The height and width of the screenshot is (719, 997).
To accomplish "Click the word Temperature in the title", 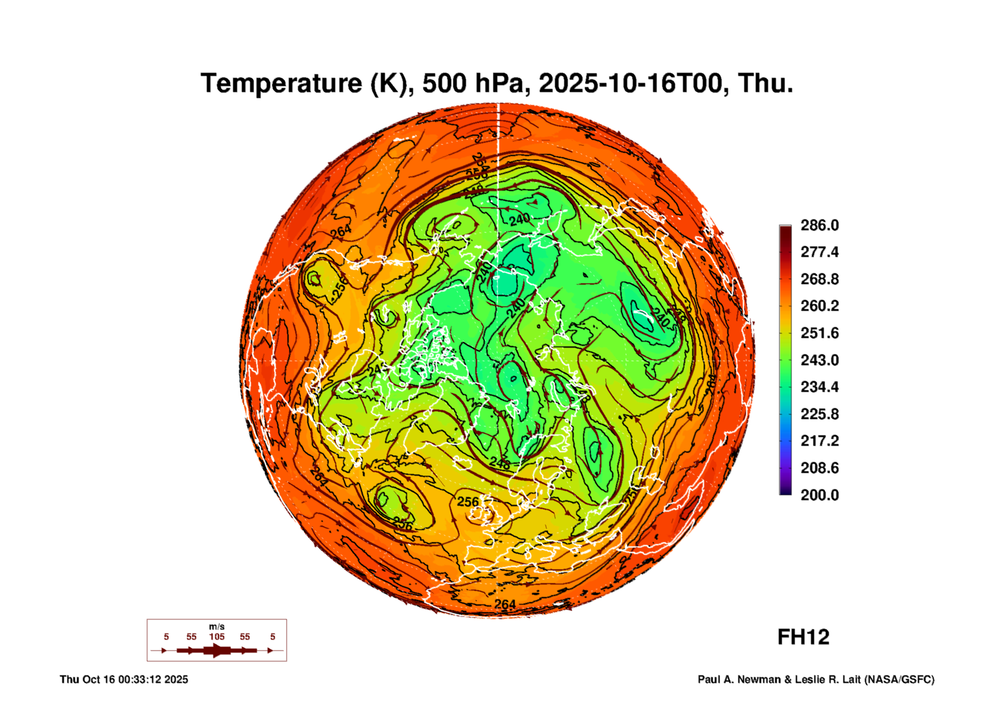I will point(281,84).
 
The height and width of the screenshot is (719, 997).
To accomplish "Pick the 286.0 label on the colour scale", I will point(819,225).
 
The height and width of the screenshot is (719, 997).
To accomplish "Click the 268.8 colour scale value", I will point(819,279).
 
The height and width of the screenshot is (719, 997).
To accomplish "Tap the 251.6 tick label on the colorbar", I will point(819,333).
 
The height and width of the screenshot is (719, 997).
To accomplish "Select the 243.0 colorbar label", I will point(819,360).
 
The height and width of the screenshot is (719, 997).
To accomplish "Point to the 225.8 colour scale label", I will point(819,414).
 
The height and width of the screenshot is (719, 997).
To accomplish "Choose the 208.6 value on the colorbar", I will point(819,468).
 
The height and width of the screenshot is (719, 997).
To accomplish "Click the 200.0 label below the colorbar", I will point(819,495).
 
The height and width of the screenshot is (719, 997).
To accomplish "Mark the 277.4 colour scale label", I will point(819,252).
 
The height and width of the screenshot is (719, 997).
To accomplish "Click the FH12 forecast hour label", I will point(803,637).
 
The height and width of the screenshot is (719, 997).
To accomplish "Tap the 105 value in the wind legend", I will point(216,637).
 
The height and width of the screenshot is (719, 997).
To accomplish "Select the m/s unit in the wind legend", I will point(216,627).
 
